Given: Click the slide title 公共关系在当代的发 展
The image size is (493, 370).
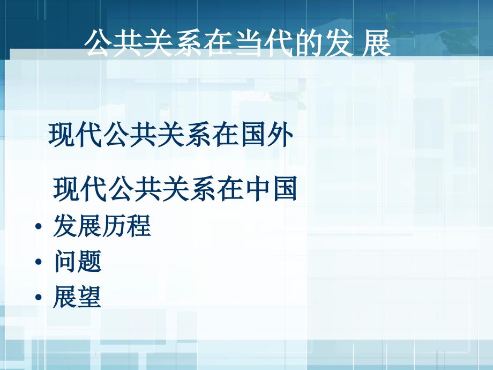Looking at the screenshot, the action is [x=238, y=43].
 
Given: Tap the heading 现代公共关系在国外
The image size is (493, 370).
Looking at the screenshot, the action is [x=171, y=135].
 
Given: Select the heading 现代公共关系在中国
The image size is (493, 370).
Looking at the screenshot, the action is [x=175, y=189].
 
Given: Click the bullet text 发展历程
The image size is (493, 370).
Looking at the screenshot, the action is [x=102, y=226].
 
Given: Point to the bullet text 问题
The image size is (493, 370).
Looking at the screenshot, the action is [x=78, y=261].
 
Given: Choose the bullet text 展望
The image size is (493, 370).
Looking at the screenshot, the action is [x=77, y=297].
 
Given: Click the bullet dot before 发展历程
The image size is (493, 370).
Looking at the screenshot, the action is [x=39, y=226].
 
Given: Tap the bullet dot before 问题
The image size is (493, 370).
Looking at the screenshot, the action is [x=39, y=262].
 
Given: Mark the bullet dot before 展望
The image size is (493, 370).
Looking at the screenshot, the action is [x=39, y=297].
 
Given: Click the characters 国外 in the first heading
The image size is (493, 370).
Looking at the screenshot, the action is [x=267, y=135].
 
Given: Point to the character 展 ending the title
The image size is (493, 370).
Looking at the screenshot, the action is [x=376, y=43].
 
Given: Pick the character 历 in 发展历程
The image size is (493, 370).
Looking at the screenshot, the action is [x=114, y=226].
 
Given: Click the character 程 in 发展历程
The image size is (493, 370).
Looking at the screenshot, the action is [x=139, y=226].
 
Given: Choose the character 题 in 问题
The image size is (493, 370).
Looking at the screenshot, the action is [x=89, y=261].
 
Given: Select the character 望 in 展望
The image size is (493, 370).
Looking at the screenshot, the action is [x=89, y=297].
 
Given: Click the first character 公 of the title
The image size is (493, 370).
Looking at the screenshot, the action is [x=99, y=43].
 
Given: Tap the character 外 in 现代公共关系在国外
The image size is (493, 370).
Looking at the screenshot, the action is [x=281, y=135].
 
